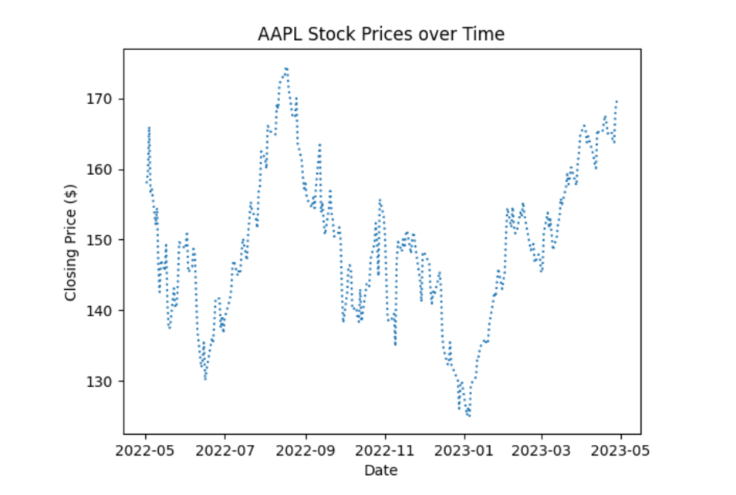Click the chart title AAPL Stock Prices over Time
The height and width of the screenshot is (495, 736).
380,35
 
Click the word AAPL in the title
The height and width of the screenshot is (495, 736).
275,35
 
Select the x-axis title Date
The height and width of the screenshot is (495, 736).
381,470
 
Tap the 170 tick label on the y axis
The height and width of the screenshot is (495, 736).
103,99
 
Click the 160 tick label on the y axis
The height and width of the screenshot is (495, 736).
103,170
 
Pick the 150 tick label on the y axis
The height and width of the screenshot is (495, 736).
103,240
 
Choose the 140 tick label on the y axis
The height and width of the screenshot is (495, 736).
103,311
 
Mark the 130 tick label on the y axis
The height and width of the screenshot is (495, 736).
103,382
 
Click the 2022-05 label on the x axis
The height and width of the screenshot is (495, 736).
146,450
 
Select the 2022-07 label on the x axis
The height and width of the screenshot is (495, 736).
225,450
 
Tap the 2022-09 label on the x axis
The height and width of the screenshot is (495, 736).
306,450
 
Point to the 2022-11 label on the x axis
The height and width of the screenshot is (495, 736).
386,450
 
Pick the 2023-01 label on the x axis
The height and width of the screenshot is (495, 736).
465,450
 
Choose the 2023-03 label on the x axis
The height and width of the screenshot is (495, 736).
542,450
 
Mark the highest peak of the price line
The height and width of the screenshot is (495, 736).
286,68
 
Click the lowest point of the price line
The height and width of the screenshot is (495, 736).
468,416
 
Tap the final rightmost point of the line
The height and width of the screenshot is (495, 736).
616,100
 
